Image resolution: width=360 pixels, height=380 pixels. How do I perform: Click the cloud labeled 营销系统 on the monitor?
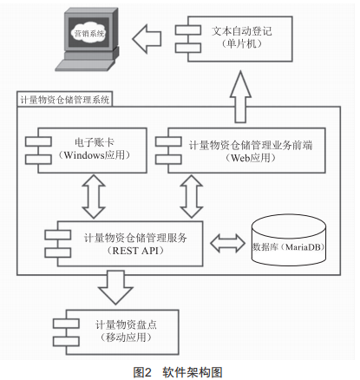[x=89, y=33]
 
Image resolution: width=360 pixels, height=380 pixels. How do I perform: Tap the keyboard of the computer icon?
[x=84, y=65]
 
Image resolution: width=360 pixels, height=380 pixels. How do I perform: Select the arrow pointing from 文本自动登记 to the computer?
[x=147, y=39]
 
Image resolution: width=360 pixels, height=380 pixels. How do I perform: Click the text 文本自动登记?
[x=242, y=31]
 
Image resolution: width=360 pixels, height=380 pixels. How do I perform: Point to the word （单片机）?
[x=242, y=43]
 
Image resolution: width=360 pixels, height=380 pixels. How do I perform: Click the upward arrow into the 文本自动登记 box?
[x=240, y=97]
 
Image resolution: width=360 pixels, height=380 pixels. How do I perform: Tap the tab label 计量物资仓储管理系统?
[x=65, y=100]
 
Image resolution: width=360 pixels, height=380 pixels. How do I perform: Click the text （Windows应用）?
[x=94, y=155]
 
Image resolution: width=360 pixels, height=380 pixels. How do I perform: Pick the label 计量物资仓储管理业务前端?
[x=251, y=145]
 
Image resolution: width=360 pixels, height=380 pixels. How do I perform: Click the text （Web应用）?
[x=251, y=158]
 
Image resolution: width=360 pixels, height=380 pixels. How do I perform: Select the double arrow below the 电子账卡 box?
[x=94, y=196]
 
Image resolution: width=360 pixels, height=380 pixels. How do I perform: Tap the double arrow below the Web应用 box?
[x=192, y=196]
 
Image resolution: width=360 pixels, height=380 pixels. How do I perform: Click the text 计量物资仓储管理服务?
[x=135, y=238]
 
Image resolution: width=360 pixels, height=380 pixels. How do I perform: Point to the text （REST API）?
[x=135, y=251]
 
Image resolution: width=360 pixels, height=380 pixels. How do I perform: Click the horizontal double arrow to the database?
[x=227, y=244]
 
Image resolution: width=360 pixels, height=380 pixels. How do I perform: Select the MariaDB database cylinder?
[x=289, y=240]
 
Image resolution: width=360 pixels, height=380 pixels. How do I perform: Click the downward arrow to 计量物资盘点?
[x=115, y=287]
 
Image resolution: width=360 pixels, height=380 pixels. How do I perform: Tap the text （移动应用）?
[x=126, y=337]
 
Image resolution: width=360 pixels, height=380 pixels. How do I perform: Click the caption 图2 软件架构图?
[x=178, y=372]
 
